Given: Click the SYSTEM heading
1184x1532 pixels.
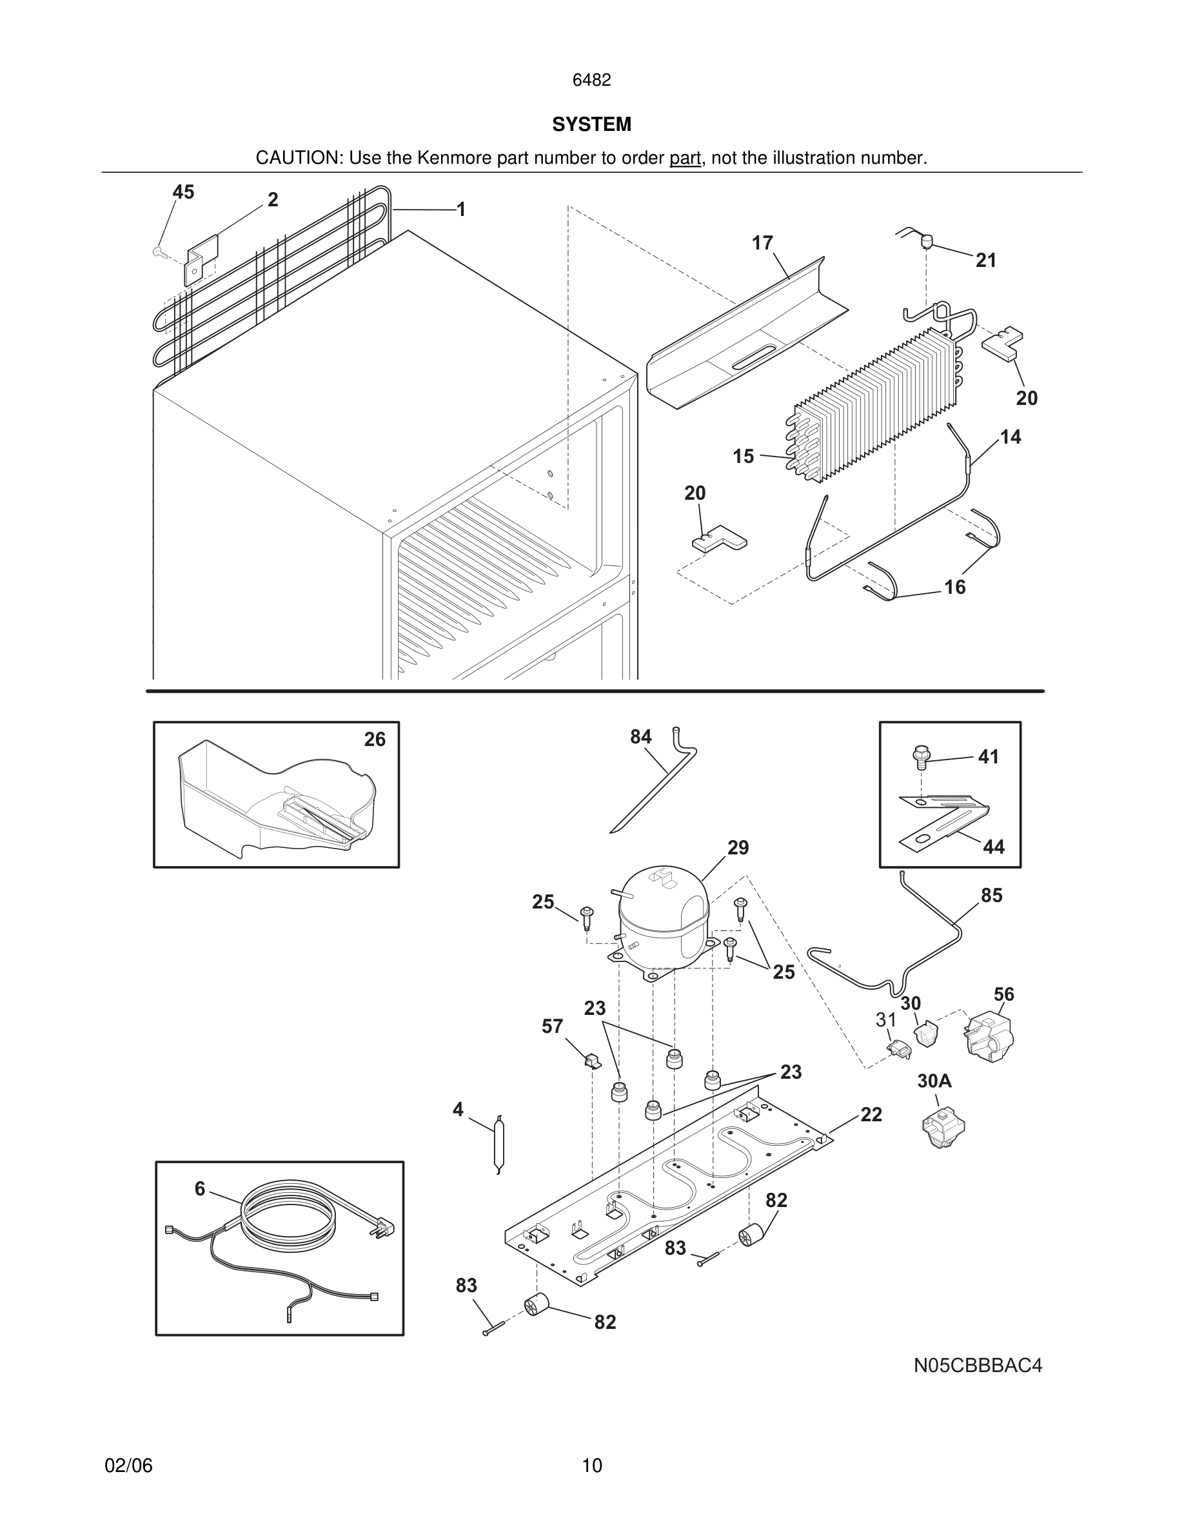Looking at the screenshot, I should point(591,124).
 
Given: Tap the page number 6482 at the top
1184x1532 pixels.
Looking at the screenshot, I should point(591,80).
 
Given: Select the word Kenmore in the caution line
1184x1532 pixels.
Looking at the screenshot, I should point(455,158).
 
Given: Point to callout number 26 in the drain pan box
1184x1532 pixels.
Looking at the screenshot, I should point(375,740).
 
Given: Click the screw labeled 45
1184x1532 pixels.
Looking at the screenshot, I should point(158,250).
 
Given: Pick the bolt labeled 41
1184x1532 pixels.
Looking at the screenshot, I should point(920,756).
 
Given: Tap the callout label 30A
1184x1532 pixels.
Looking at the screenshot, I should point(934,1081).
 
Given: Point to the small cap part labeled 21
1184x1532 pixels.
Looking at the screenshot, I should point(927,242).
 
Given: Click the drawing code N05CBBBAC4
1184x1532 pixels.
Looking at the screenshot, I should point(977,1365).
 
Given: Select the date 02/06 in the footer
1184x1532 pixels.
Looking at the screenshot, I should point(128,1466).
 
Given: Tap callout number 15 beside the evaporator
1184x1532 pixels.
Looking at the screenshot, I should point(744,457).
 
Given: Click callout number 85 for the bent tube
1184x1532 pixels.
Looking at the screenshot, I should point(991,895).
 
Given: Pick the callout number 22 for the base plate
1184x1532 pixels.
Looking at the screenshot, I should point(871,1114).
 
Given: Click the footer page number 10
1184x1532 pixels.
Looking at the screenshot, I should point(592,1466).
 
